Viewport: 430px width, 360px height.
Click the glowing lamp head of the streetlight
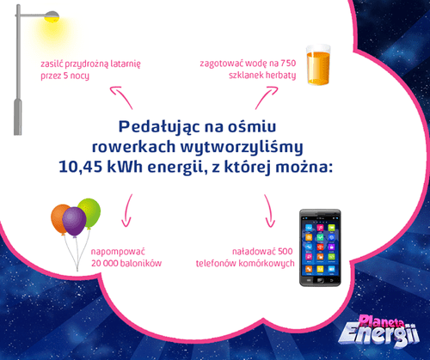(x=52, y=16)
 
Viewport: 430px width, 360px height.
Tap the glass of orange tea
(x=318, y=65)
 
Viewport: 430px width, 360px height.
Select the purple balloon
(x=75, y=222)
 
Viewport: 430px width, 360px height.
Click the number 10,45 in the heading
(x=80, y=167)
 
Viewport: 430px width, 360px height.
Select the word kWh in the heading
(x=125, y=167)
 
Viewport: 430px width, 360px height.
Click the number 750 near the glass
(x=288, y=63)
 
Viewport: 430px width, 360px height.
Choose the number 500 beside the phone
(x=286, y=252)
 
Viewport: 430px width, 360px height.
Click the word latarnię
(x=126, y=64)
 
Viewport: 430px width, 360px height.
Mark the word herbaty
(x=280, y=76)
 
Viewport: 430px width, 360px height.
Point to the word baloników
(x=141, y=263)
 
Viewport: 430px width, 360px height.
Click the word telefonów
(x=216, y=264)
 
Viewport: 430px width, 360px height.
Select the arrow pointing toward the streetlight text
(x=121, y=97)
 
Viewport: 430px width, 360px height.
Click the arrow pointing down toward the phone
(x=269, y=211)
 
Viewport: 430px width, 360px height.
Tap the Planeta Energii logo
(x=379, y=331)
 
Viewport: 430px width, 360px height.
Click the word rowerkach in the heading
(x=133, y=147)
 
